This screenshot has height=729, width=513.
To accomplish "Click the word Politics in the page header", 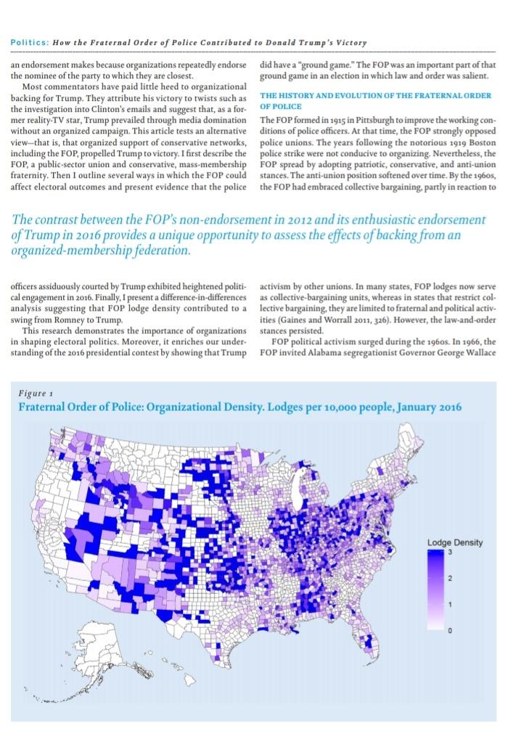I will (x=28, y=43).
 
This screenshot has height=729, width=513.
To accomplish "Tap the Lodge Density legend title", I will (x=454, y=542).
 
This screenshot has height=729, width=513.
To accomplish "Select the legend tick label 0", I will (x=450, y=630).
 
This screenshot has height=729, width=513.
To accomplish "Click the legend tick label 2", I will (x=450, y=579).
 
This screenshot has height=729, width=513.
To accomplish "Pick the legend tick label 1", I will (x=450, y=604).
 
